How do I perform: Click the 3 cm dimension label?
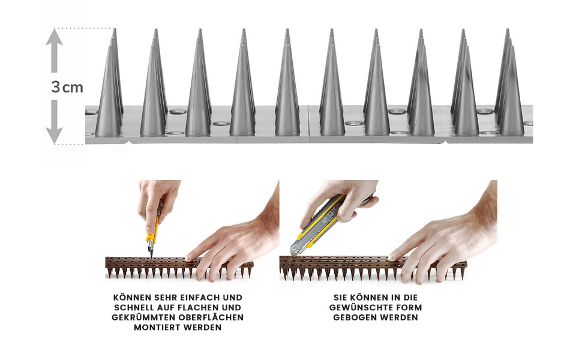click(x=67, y=87)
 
